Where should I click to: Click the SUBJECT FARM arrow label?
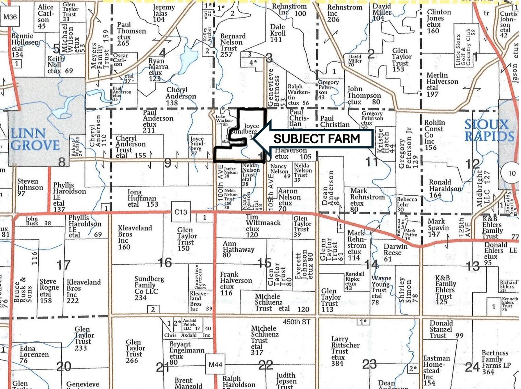(317, 138)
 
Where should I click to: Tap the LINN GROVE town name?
(35, 139)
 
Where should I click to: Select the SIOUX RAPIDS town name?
(489, 130)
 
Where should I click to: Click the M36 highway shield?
(10, 17)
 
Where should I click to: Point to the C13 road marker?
(181, 212)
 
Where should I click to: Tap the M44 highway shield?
(215, 365)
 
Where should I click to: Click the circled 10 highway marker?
(511, 173)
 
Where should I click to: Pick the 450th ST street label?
(296, 322)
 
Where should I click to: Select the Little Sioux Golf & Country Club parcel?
(463, 50)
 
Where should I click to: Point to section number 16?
(165, 263)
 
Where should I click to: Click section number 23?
(369, 364)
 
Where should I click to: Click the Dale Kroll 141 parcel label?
(277, 33)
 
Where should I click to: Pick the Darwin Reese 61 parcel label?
(395, 253)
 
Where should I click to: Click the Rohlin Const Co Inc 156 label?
(434, 135)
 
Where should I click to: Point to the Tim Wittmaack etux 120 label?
(263, 226)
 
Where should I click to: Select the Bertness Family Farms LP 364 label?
(495, 362)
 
